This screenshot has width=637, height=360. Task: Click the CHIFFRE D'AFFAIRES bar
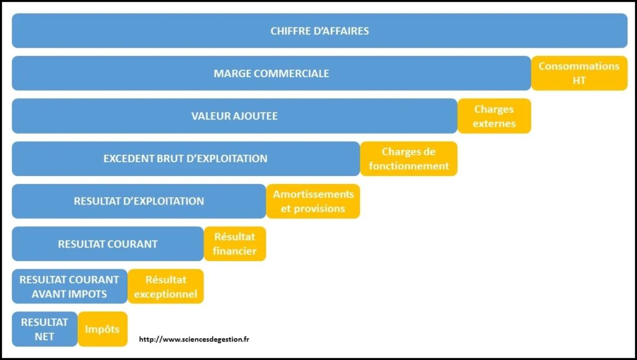click(320, 31)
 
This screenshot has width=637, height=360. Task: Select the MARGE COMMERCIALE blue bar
click(271, 73)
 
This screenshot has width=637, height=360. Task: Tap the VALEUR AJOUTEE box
click(235, 116)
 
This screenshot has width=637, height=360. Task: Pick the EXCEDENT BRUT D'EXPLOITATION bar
click(185, 159)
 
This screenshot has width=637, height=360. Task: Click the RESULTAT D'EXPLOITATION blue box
click(139, 201)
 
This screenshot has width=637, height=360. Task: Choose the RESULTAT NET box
click(45, 329)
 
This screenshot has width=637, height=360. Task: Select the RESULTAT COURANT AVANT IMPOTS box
click(70, 287)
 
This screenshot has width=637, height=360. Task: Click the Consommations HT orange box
click(579, 73)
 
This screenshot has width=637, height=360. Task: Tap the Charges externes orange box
click(494, 116)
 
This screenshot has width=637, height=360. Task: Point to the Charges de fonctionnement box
click(409, 159)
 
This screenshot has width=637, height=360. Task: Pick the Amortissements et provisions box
click(314, 201)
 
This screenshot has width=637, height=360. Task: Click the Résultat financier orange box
click(235, 244)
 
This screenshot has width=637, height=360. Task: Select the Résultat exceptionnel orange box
click(165, 287)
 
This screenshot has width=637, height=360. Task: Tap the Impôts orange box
click(103, 329)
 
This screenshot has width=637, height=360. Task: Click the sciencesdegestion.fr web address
click(194, 339)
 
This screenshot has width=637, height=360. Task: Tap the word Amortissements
click(314, 194)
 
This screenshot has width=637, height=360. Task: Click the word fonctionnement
click(409, 166)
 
